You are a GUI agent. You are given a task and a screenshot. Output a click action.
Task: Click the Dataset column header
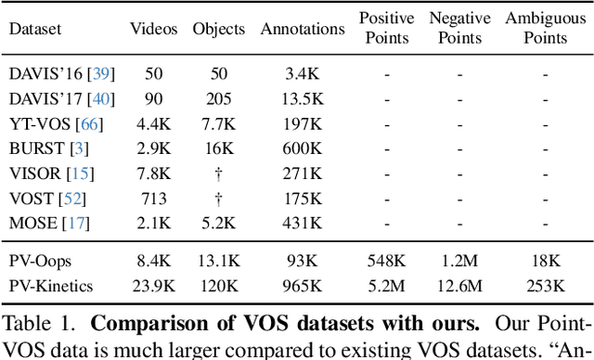coord(36,29)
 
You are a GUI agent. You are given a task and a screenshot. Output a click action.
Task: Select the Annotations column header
coord(303,29)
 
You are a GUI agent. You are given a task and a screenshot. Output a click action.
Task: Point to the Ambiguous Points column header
coord(545,28)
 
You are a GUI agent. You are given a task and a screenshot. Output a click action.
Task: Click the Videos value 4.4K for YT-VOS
coord(153,123)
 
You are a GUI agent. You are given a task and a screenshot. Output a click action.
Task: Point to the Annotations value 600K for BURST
coord(302,148)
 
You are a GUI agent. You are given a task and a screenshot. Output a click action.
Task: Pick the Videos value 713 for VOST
coord(153,198)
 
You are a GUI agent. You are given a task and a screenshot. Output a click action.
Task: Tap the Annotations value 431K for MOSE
coord(302,223)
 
